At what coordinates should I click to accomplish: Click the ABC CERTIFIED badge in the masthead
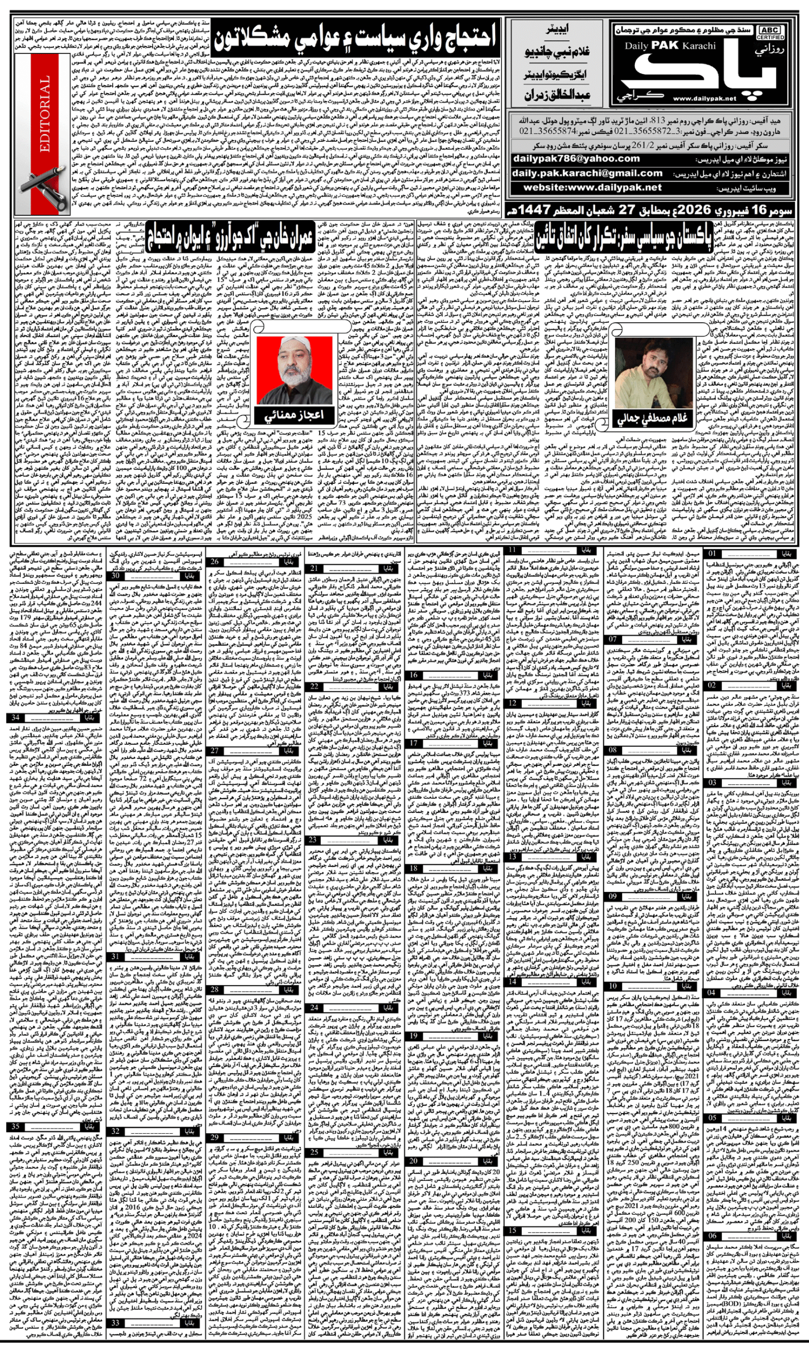pyautogui.click(x=770, y=33)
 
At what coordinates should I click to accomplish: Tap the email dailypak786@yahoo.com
pyautogui.click(x=576, y=158)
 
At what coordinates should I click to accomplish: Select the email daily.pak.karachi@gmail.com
pyautogui.click(x=587, y=173)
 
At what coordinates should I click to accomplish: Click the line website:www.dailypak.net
pyautogui.click(x=593, y=187)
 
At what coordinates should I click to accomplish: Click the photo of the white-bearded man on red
pyautogui.click(x=294, y=369)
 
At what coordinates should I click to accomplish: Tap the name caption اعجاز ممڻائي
pyautogui.click(x=294, y=414)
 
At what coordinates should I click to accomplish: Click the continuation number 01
pyautogui.click(x=713, y=553)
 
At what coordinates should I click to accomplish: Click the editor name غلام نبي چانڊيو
pyautogui.click(x=557, y=52)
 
